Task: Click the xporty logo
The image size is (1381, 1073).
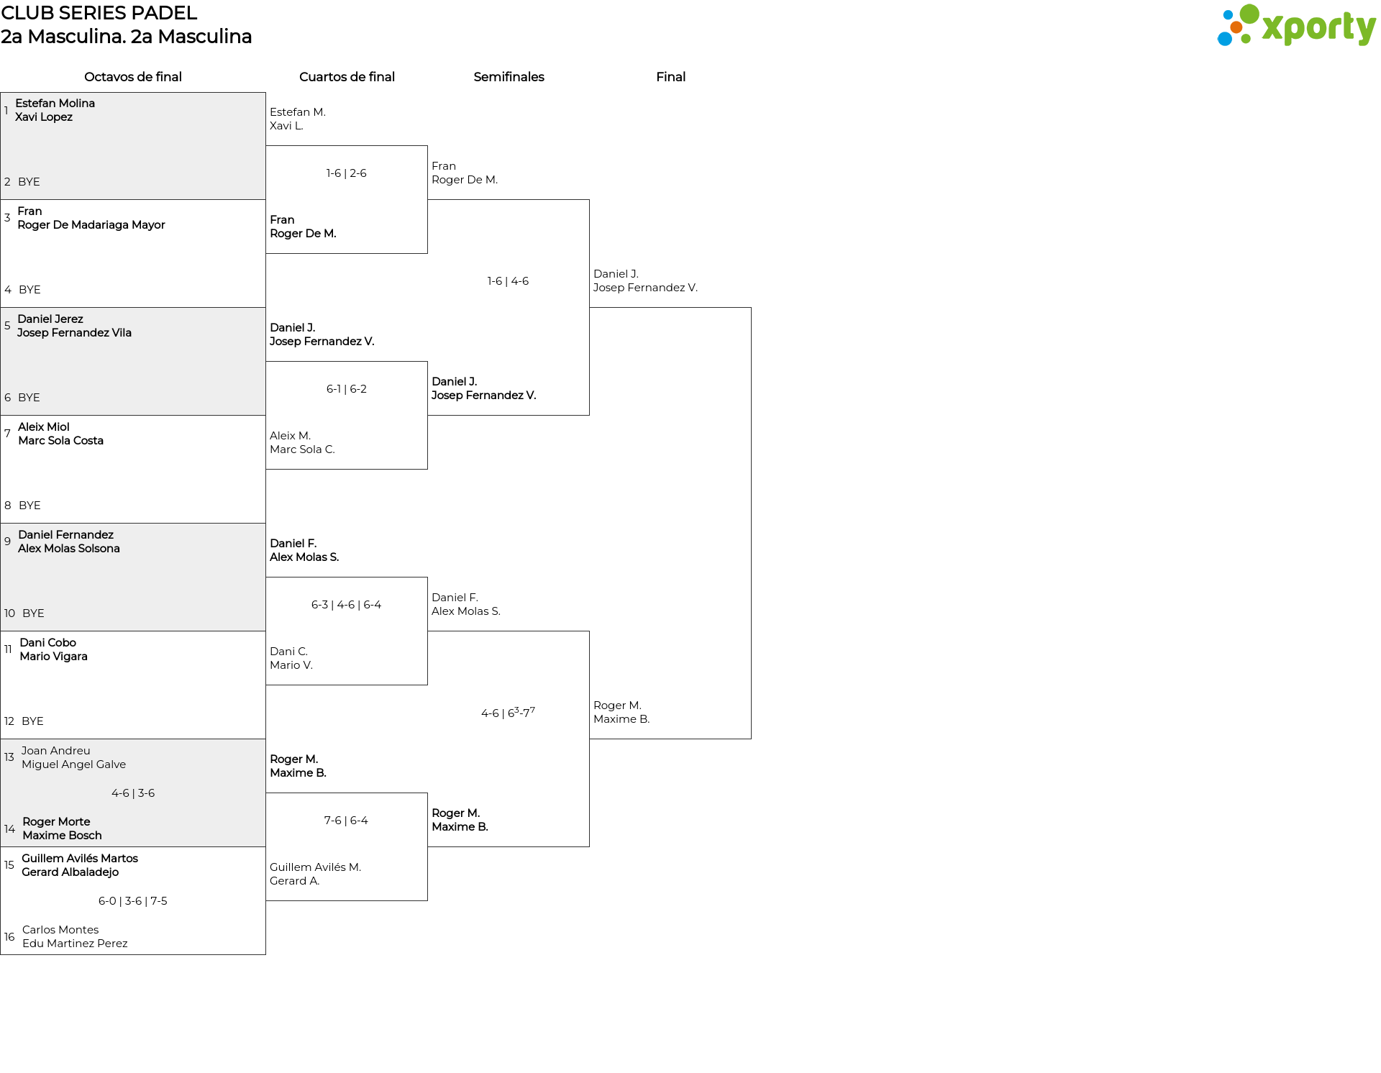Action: (1296, 26)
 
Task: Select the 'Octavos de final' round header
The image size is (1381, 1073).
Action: (133, 77)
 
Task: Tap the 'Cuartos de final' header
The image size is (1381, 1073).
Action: (347, 77)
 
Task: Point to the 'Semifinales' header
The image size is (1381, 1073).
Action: (509, 77)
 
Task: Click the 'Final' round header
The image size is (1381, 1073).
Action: (670, 77)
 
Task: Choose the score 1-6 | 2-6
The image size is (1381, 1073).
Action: (347, 173)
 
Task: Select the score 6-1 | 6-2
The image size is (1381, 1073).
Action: (347, 389)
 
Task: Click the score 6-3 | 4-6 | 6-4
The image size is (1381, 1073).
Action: (347, 605)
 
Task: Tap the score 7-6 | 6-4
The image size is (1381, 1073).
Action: (346, 821)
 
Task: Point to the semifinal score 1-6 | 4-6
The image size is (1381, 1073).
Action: (508, 281)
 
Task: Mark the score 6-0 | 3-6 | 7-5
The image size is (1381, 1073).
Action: (133, 901)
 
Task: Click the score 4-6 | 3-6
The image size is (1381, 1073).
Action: (133, 793)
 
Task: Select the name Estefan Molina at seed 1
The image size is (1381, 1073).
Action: (55, 104)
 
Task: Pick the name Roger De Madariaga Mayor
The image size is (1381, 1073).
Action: (91, 225)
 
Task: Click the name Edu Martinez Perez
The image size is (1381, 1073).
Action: (75, 944)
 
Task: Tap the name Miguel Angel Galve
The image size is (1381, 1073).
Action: (73, 764)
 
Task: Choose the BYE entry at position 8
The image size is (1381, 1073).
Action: (29, 506)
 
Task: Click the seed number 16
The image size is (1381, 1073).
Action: (9, 937)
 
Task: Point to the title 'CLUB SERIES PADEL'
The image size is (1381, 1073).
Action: (99, 13)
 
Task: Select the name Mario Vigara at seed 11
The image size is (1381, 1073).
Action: (54, 657)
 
